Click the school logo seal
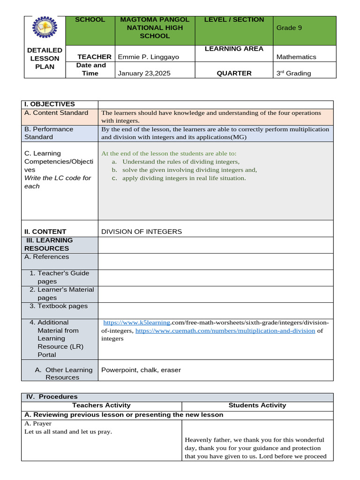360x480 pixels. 45,30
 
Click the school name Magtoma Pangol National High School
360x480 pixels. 155,28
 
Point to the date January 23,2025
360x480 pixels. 144,73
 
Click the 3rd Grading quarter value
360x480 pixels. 293,73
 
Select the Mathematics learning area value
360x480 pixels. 296,57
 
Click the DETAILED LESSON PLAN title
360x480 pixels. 45,58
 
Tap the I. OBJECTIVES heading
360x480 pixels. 50,104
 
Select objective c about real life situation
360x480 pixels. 184,178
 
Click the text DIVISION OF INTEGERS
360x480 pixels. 142,232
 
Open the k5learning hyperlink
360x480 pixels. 136,322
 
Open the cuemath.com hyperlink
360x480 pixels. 225,330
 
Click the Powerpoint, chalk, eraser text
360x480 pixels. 141,370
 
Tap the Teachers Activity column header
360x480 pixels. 101,405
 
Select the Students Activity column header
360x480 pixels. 257,405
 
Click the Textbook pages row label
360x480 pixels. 58,306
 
